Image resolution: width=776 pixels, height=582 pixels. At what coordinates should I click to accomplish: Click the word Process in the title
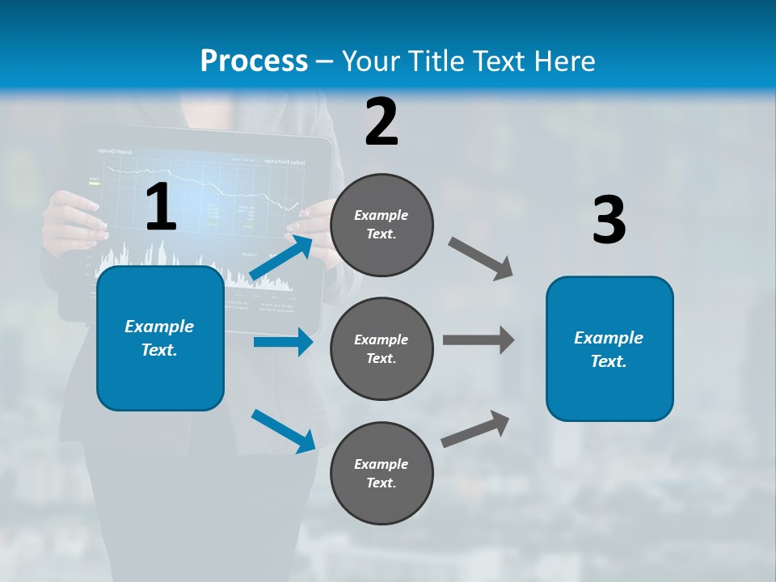pyautogui.click(x=254, y=61)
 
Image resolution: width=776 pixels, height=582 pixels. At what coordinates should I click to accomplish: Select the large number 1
pyautogui.click(x=161, y=208)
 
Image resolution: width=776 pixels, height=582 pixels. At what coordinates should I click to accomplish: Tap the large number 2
pyautogui.click(x=382, y=122)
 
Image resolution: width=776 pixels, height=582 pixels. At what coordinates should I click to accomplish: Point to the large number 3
pyautogui.click(x=609, y=220)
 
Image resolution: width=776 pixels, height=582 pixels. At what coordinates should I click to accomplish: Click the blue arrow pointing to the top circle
pyautogui.click(x=281, y=258)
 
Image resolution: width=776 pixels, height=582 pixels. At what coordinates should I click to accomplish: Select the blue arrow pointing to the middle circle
pyautogui.click(x=283, y=343)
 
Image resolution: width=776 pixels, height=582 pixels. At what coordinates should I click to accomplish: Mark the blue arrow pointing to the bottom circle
pyautogui.click(x=283, y=431)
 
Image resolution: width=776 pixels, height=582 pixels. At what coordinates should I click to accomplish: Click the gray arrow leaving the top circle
pyautogui.click(x=481, y=259)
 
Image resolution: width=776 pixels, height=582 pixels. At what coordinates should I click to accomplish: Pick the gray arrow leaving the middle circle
pyautogui.click(x=478, y=339)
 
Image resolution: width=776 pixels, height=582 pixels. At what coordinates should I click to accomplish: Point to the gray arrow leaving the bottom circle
pyautogui.click(x=475, y=429)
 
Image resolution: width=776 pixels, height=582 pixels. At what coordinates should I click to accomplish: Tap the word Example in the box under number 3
pyautogui.click(x=609, y=338)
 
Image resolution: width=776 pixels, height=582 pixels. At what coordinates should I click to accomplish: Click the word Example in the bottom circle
pyautogui.click(x=382, y=464)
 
